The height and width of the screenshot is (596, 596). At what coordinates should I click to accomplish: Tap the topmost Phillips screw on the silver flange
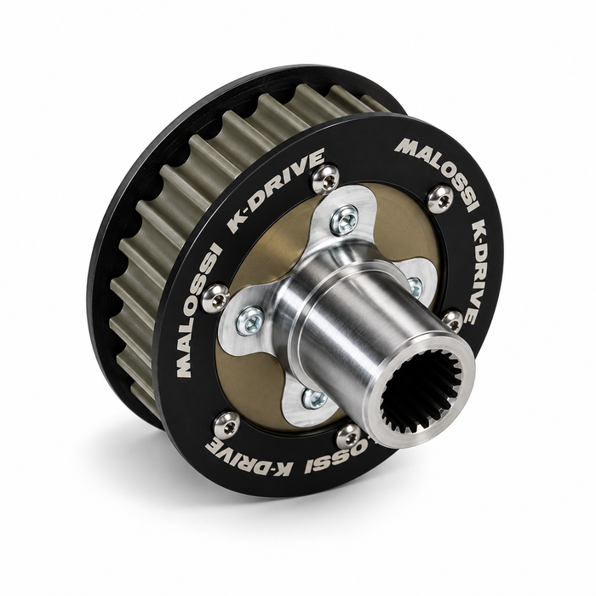pyautogui.click(x=344, y=220)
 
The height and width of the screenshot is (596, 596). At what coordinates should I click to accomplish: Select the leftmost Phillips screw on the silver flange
pyautogui.click(x=250, y=320)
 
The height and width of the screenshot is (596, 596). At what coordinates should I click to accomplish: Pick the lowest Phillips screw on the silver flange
pyautogui.click(x=314, y=398)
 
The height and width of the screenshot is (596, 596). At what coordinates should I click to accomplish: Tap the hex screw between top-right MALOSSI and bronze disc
pyautogui.click(x=440, y=198)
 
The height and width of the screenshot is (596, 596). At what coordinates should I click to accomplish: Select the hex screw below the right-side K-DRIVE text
pyautogui.click(x=453, y=321)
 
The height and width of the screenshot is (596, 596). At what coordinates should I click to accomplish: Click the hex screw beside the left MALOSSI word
pyautogui.click(x=215, y=298)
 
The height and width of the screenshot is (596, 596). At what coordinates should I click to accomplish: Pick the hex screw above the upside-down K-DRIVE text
pyautogui.click(x=227, y=426)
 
